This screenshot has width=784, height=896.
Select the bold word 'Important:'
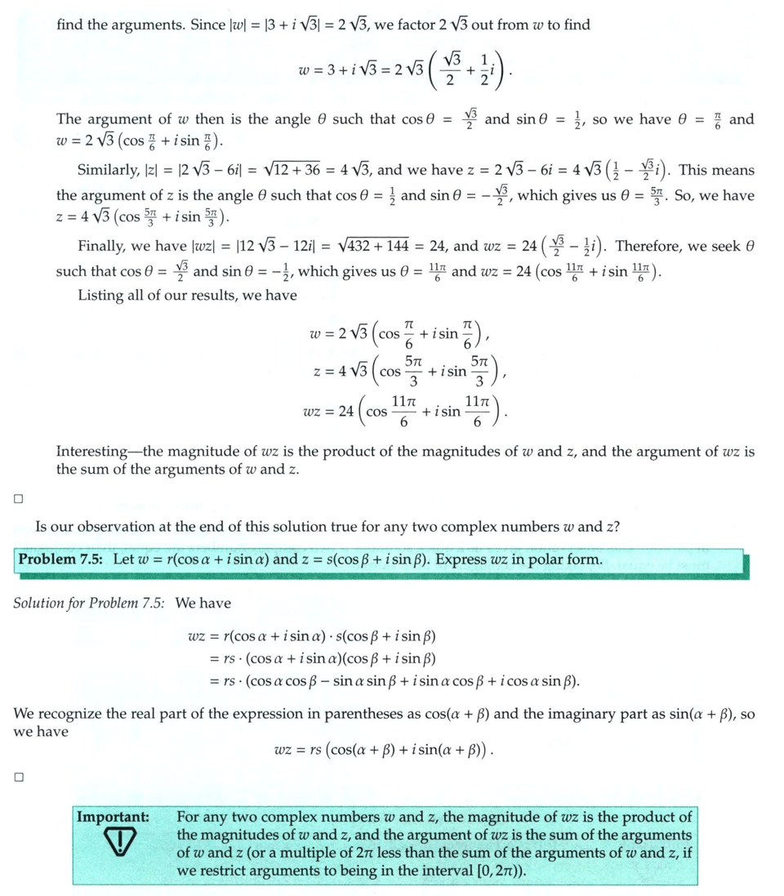(x=113, y=817)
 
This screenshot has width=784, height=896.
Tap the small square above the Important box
(x=18, y=778)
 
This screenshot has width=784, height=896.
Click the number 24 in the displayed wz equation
(x=348, y=412)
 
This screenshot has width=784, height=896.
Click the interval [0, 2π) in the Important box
(x=494, y=870)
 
